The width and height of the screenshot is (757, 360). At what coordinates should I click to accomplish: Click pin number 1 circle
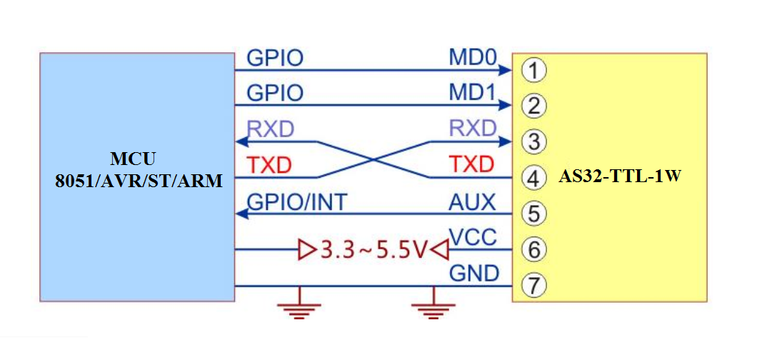coord(533,70)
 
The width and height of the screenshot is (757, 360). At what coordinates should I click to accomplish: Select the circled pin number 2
coord(533,106)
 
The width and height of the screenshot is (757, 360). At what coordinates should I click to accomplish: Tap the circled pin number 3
coord(533,141)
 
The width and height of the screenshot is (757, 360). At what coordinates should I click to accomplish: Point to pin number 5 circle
coord(533,214)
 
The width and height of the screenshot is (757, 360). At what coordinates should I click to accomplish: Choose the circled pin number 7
coord(533,286)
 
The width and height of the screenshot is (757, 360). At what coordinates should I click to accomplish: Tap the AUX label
coord(472,202)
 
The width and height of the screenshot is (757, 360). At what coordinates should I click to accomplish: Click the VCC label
coord(472,238)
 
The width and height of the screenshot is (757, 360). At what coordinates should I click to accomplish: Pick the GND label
coord(473,274)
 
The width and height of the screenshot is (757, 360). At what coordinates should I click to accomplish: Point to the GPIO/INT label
coord(296,202)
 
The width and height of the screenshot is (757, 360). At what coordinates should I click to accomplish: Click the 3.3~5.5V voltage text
coord(374,251)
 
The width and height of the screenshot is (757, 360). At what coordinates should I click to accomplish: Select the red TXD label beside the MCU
coord(269,166)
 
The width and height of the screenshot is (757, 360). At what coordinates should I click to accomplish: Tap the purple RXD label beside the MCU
coord(271,129)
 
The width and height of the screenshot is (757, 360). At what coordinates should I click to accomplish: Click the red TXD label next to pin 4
coord(471,165)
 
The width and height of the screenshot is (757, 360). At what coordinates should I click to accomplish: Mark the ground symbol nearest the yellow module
coord(432,305)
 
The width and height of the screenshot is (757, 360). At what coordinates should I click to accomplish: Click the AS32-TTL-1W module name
coord(619,176)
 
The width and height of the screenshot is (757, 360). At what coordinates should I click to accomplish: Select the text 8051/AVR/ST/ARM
coord(138,181)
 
